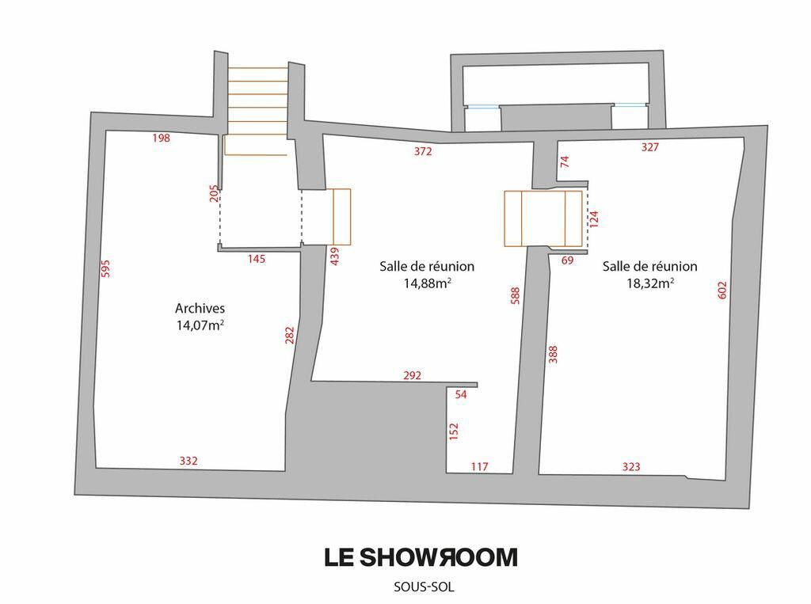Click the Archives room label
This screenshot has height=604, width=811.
click(x=200, y=308)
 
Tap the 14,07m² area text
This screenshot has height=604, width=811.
click(x=200, y=324)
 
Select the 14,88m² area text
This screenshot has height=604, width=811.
click(x=427, y=283)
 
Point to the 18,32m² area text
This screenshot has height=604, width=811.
click(x=649, y=283)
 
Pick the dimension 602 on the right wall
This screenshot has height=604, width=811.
click(x=722, y=290)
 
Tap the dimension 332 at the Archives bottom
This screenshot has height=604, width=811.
click(x=188, y=461)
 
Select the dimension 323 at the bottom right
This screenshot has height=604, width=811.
click(x=631, y=467)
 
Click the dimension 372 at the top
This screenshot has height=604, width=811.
click(x=423, y=151)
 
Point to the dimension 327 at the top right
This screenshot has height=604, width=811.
click(x=649, y=146)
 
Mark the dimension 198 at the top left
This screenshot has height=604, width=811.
click(x=161, y=138)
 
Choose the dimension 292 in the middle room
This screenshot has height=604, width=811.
click(x=413, y=375)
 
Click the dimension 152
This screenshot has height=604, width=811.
click(x=454, y=431)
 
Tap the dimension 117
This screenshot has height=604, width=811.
click(x=479, y=467)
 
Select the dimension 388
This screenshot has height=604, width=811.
click(x=553, y=354)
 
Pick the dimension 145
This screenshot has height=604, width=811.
click(x=257, y=259)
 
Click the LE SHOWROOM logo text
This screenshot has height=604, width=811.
click(x=421, y=557)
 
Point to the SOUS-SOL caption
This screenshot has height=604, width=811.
click(x=424, y=587)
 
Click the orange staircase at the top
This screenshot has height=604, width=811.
click(x=257, y=103)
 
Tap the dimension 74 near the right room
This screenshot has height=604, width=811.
click(x=565, y=162)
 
